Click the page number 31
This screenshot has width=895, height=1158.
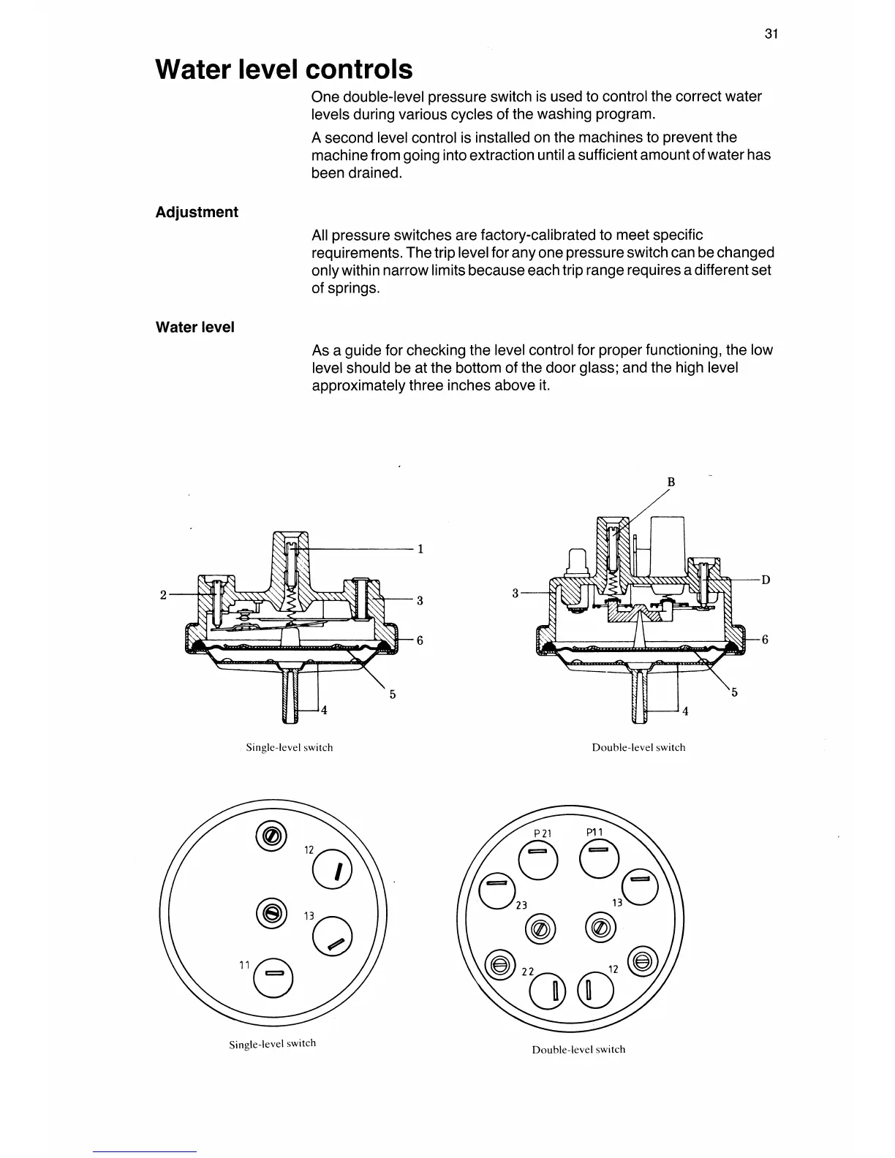pyautogui.click(x=770, y=34)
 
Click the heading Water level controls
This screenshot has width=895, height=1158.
pyautogui.click(x=284, y=69)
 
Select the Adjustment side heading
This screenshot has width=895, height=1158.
pyautogui.click(x=197, y=212)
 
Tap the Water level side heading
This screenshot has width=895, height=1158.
pyautogui.click(x=195, y=328)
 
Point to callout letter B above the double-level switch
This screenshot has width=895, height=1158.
pyautogui.click(x=671, y=482)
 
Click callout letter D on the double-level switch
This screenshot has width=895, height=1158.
pyautogui.click(x=766, y=580)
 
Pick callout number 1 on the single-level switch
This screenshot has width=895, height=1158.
pyautogui.click(x=420, y=549)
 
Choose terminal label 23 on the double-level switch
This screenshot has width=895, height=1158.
pyautogui.click(x=521, y=905)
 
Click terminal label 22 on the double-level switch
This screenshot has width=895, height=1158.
pyautogui.click(x=526, y=972)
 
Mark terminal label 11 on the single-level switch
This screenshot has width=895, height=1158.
pyautogui.click(x=245, y=966)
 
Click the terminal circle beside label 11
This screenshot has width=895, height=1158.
pyautogui.click(x=274, y=975)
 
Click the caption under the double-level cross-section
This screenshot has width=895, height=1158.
pyautogui.click(x=638, y=748)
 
